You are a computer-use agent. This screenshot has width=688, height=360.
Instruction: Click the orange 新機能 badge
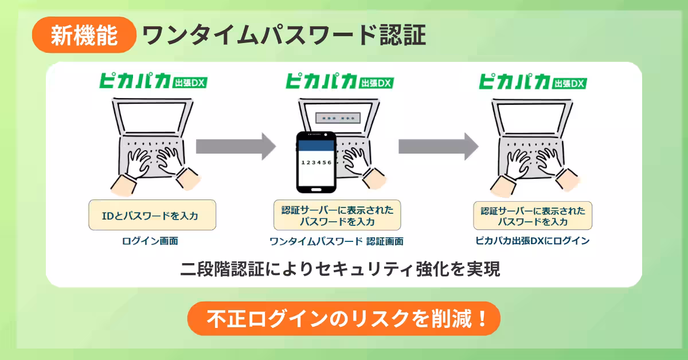(x=84, y=35)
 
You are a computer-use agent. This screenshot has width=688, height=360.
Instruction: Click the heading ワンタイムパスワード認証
(x=284, y=36)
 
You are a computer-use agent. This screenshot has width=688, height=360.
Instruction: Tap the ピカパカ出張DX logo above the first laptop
(x=153, y=80)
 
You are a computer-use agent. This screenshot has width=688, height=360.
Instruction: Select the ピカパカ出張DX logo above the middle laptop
(x=339, y=81)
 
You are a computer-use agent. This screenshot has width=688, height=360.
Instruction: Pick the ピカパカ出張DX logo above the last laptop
(x=533, y=81)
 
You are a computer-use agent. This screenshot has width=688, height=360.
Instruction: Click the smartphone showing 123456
(x=316, y=162)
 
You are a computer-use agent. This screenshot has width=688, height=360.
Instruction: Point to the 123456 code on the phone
(x=316, y=162)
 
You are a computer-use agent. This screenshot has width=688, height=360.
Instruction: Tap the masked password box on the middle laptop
(x=338, y=118)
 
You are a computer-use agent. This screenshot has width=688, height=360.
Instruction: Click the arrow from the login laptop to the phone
(x=236, y=147)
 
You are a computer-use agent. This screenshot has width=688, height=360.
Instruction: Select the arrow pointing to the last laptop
(x=438, y=147)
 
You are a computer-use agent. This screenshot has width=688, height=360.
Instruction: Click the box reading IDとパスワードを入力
(x=153, y=215)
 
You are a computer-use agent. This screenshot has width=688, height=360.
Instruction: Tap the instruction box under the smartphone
(x=337, y=215)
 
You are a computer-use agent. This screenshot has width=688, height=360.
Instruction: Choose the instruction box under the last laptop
(x=533, y=216)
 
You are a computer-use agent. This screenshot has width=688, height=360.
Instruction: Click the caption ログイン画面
(x=150, y=241)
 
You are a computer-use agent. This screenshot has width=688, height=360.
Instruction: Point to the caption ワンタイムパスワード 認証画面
(x=337, y=241)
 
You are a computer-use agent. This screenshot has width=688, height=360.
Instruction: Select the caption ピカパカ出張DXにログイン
(x=533, y=241)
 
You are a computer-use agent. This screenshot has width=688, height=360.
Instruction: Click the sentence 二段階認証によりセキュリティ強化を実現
(x=340, y=269)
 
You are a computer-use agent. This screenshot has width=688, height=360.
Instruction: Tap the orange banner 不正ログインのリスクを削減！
(x=344, y=319)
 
